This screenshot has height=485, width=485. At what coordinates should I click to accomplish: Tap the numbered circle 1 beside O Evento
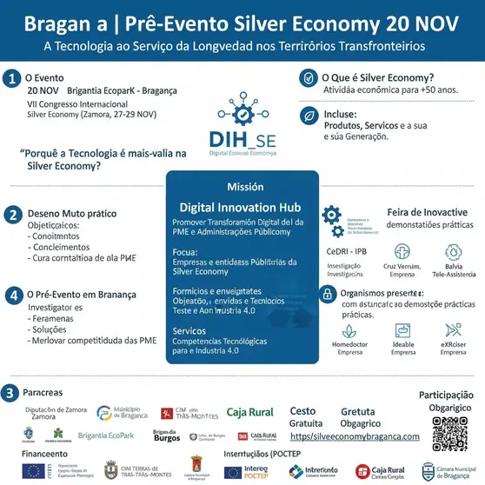tap(11, 78)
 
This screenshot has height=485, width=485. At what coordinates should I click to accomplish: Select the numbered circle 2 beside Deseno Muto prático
tap(11, 214)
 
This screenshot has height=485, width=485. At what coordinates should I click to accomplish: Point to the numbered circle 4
tap(11, 295)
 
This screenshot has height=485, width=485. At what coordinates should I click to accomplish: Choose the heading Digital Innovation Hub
tap(240, 208)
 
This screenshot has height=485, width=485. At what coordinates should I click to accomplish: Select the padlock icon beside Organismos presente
tap(327, 296)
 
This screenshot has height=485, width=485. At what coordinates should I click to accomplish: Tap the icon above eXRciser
tap(453, 329)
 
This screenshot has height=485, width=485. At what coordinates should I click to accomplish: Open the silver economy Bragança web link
tap(355, 436)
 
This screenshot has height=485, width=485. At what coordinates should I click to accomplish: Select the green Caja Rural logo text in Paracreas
tap(250, 413)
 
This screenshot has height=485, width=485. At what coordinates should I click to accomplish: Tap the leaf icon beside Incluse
tap(308, 116)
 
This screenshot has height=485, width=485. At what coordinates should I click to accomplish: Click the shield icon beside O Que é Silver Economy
tap(308, 78)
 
